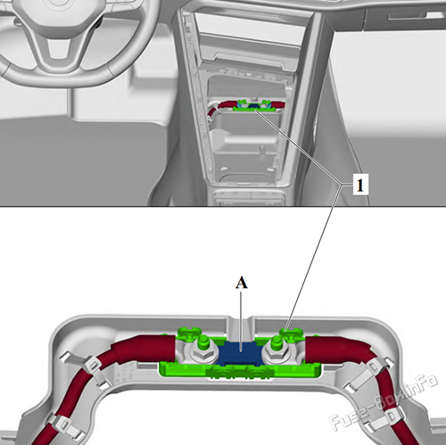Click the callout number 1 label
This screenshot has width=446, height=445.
(360, 185)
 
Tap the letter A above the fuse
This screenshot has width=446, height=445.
(242, 283)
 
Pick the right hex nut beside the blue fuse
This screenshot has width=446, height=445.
(277, 352)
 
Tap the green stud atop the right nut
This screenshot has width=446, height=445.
(277, 341)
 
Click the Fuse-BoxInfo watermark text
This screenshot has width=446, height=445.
(383, 401)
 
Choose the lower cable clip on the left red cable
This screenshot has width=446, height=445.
(64, 426)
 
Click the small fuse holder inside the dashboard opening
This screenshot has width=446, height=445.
(254, 106)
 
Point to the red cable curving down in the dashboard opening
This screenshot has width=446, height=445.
(215, 109)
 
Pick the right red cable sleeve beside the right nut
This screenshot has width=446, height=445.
(337, 350)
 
